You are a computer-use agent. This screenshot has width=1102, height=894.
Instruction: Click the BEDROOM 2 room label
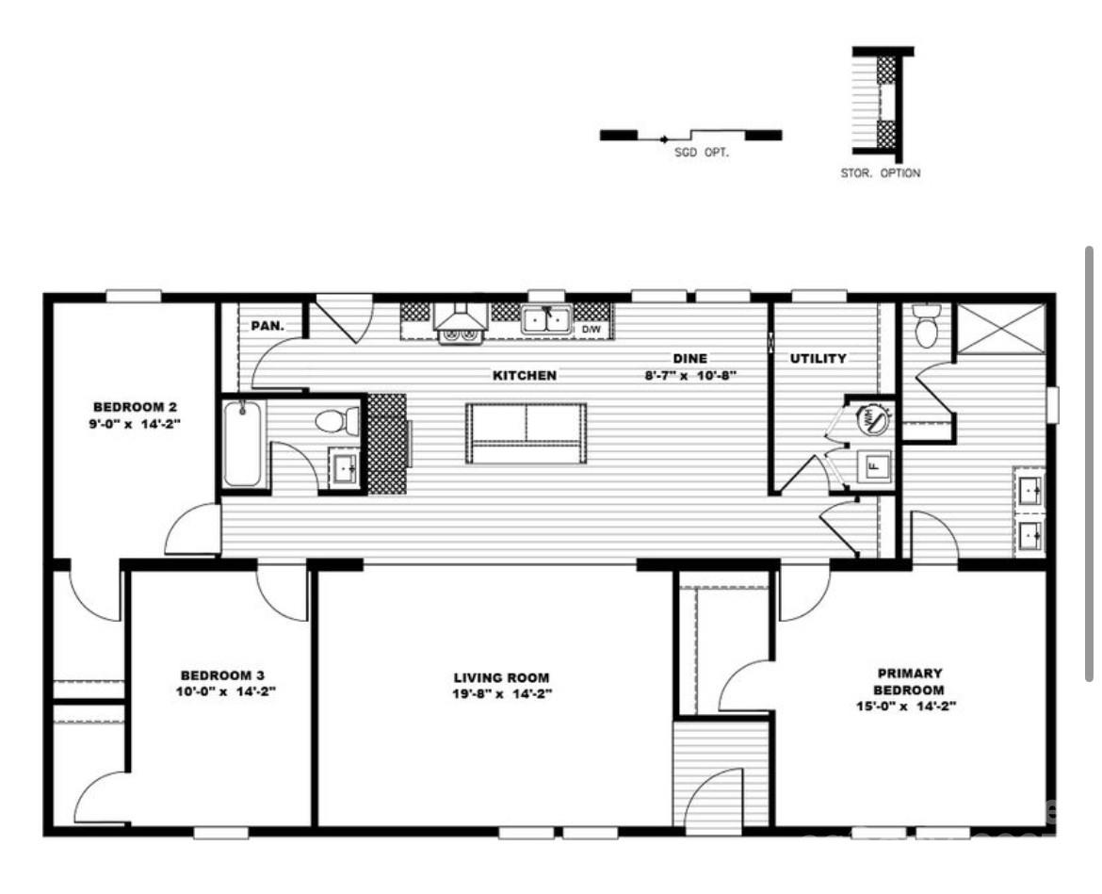[135, 407]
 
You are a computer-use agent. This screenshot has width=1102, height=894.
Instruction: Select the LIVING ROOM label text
[501, 677]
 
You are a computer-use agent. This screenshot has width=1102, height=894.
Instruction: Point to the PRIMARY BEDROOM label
[909, 681]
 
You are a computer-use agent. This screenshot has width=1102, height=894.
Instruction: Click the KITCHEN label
[525, 375]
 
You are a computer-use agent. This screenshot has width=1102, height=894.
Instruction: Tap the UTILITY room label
[818, 358]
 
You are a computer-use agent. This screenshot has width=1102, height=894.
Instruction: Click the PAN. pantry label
[267, 327]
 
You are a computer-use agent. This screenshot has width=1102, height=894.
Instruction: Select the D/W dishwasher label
[591, 330]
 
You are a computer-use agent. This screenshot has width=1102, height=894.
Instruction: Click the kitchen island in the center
[527, 433]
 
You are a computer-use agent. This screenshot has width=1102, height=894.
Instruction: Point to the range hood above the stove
[461, 321]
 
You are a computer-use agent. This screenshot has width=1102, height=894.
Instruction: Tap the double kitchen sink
[547, 320]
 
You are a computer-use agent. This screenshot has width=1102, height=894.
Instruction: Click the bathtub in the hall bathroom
[244, 444]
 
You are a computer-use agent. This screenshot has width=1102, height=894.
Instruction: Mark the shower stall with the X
[1000, 329]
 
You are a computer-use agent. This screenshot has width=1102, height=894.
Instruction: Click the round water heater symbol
[872, 420]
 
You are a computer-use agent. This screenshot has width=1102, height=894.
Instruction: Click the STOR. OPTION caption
[881, 173]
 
